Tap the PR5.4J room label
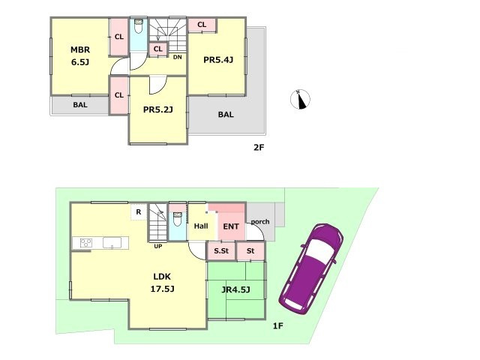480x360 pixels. [x=218, y=60]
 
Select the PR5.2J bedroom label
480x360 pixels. [x=158, y=109]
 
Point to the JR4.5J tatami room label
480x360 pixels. [x=235, y=289]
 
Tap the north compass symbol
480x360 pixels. [x=300, y=99]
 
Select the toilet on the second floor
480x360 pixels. [x=139, y=26]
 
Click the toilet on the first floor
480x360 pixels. [x=178, y=218]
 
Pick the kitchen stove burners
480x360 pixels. [x=85, y=243]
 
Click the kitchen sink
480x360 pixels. [x=112, y=243]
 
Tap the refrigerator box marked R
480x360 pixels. [x=139, y=211]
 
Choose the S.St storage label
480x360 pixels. [x=221, y=251]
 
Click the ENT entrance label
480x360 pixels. [x=231, y=226]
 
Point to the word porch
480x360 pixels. [x=260, y=222]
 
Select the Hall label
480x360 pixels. [x=201, y=226]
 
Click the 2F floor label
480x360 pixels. [x=259, y=148]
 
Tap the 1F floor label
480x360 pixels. [x=278, y=326]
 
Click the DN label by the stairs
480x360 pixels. [x=178, y=57]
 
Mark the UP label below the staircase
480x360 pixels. [x=158, y=246]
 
